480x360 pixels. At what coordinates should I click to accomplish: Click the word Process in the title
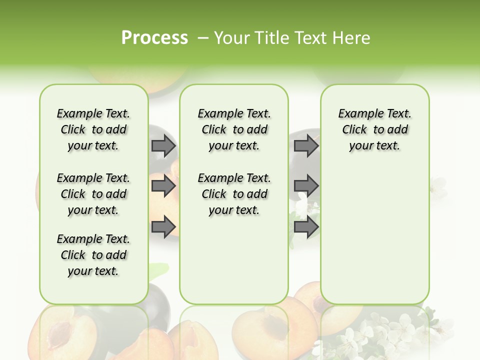[154, 37]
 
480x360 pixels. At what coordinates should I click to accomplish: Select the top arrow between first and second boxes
[163, 145]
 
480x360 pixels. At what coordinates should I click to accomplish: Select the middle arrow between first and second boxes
[163, 186]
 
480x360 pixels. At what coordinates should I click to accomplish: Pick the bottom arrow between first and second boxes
[163, 226]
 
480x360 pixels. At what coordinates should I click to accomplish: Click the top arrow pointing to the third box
[306, 145]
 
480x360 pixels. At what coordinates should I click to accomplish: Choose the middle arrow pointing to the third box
[306, 186]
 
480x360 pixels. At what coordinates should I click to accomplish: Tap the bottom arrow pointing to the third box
[306, 226]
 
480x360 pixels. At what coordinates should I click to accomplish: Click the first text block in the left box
[93, 129]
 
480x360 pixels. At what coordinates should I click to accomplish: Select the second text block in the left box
[93, 194]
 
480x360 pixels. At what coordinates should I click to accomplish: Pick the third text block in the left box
[93, 255]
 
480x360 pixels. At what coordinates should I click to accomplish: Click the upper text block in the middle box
[234, 129]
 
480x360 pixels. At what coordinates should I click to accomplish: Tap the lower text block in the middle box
[234, 194]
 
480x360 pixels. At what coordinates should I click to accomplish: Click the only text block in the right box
[374, 129]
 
